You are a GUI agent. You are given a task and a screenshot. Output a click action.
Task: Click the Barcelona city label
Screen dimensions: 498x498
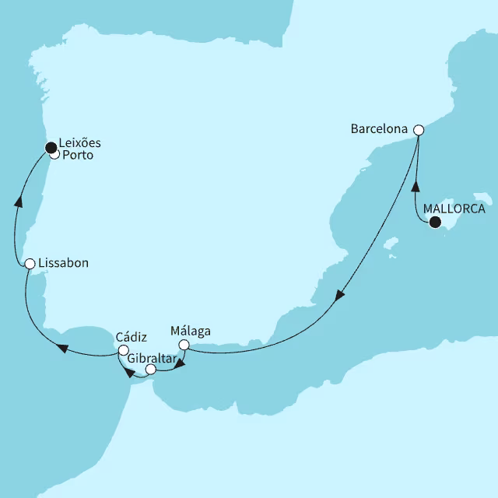click(x=381, y=130)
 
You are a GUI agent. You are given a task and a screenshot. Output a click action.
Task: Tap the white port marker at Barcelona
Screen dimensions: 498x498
click(x=418, y=130)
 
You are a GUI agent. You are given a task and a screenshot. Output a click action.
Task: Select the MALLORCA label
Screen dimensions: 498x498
click(x=454, y=209)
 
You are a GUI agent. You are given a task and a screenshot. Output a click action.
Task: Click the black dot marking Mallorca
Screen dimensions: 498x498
click(x=435, y=223)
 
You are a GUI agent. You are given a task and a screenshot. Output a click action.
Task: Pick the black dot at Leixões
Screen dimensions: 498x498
click(x=51, y=146)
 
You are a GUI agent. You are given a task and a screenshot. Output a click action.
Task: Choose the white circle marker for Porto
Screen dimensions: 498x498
click(x=54, y=154)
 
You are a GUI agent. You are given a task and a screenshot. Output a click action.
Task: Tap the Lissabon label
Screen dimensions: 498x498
click(x=63, y=263)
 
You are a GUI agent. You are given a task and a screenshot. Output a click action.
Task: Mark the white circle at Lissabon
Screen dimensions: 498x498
click(x=30, y=264)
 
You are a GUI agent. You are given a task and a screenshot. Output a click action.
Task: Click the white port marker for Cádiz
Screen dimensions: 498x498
click(x=123, y=351)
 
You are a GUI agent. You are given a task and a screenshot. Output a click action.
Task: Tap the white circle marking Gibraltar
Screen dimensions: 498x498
click(x=151, y=370)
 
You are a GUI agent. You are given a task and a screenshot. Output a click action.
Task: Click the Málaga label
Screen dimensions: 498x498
click(x=190, y=331)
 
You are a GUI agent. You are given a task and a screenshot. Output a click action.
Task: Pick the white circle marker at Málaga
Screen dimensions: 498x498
click(x=184, y=345)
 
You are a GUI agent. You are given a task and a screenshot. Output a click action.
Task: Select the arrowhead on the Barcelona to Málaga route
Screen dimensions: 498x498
click(x=338, y=296)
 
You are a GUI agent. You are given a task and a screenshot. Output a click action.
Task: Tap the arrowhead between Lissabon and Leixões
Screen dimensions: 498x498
click(x=18, y=202)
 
